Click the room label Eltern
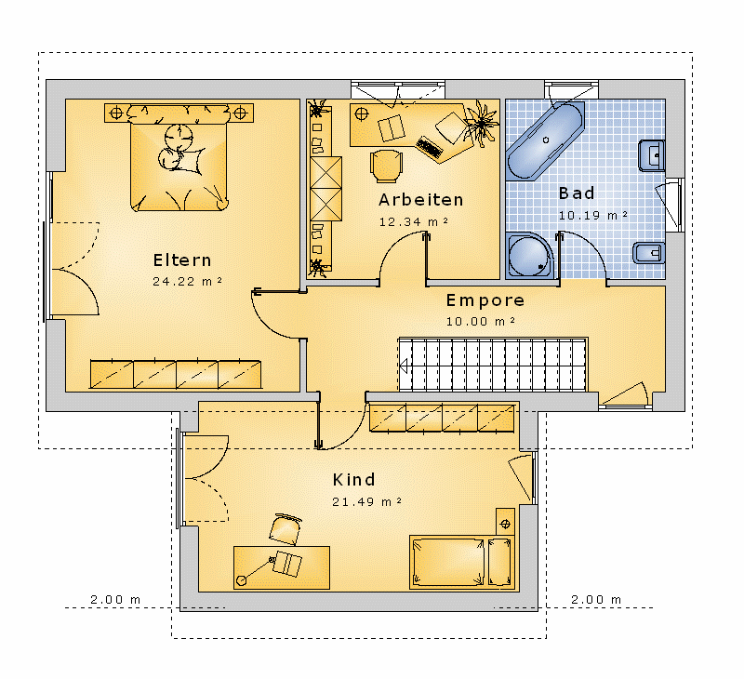pyautogui.click(x=182, y=260)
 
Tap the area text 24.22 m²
pyautogui.click(x=188, y=282)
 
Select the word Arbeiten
pyautogui.click(x=421, y=200)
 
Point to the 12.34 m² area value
pyautogui.click(x=414, y=221)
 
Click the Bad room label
pyautogui.click(x=577, y=193)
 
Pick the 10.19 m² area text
pyautogui.click(x=593, y=215)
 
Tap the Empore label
pyautogui.click(x=485, y=300)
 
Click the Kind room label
pyautogui.click(x=354, y=480)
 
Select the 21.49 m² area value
pyautogui.click(x=366, y=501)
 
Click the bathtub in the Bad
pyautogui.click(x=545, y=140)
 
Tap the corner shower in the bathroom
pyautogui.click(x=529, y=255)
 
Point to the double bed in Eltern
pyautogui.click(x=179, y=157)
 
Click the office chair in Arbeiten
pyautogui.click(x=386, y=166)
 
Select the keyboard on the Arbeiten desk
pyautogui.click(x=430, y=147)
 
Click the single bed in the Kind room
pyautogui.click(x=462, y=563)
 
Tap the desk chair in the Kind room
pyautogui.click(x=286, y=529)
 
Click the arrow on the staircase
pyautogui.click(x=404, y=366)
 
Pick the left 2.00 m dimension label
pyautogui.click(x=115, y=599)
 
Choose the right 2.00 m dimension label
pyautogui.click(x=596, y=599)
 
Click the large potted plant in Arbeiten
pyautogui.click(x=482, y=123)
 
